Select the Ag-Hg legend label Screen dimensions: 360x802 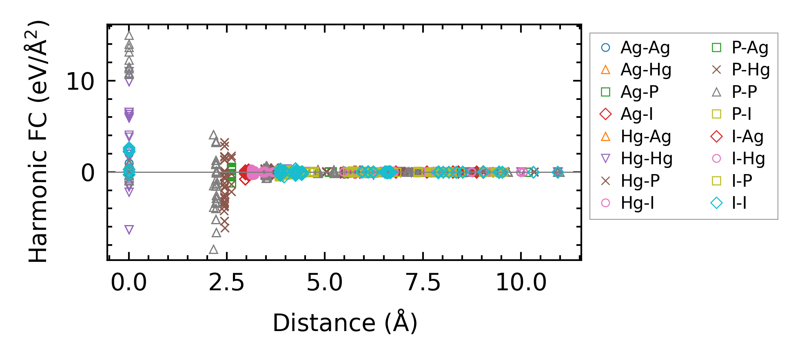coord(646,70)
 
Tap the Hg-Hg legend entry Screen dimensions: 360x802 coord(647,159)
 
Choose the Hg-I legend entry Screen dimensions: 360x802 coord(637,203)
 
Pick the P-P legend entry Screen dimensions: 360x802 coord(744,92)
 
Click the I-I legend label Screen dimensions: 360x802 coord(739,203)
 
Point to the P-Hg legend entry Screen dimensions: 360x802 coord(751,70)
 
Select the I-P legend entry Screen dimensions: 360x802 coord(742,181)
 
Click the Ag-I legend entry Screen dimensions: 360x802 coord(637,114)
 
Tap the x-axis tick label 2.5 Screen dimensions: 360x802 coord(226,283)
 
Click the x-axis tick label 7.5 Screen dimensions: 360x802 coord(423,283)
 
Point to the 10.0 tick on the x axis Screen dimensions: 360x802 coord(521,283)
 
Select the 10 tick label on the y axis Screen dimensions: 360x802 coord(80,82)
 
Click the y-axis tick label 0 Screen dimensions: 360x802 coord(88,173)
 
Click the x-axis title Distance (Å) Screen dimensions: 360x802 coord(345,323)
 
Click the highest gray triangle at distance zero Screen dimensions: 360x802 coord(129,36)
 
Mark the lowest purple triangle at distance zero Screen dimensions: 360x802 coord(129,230)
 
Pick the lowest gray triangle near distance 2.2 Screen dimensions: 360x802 coord(213,250)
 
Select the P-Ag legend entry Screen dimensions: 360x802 coord(750,48)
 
